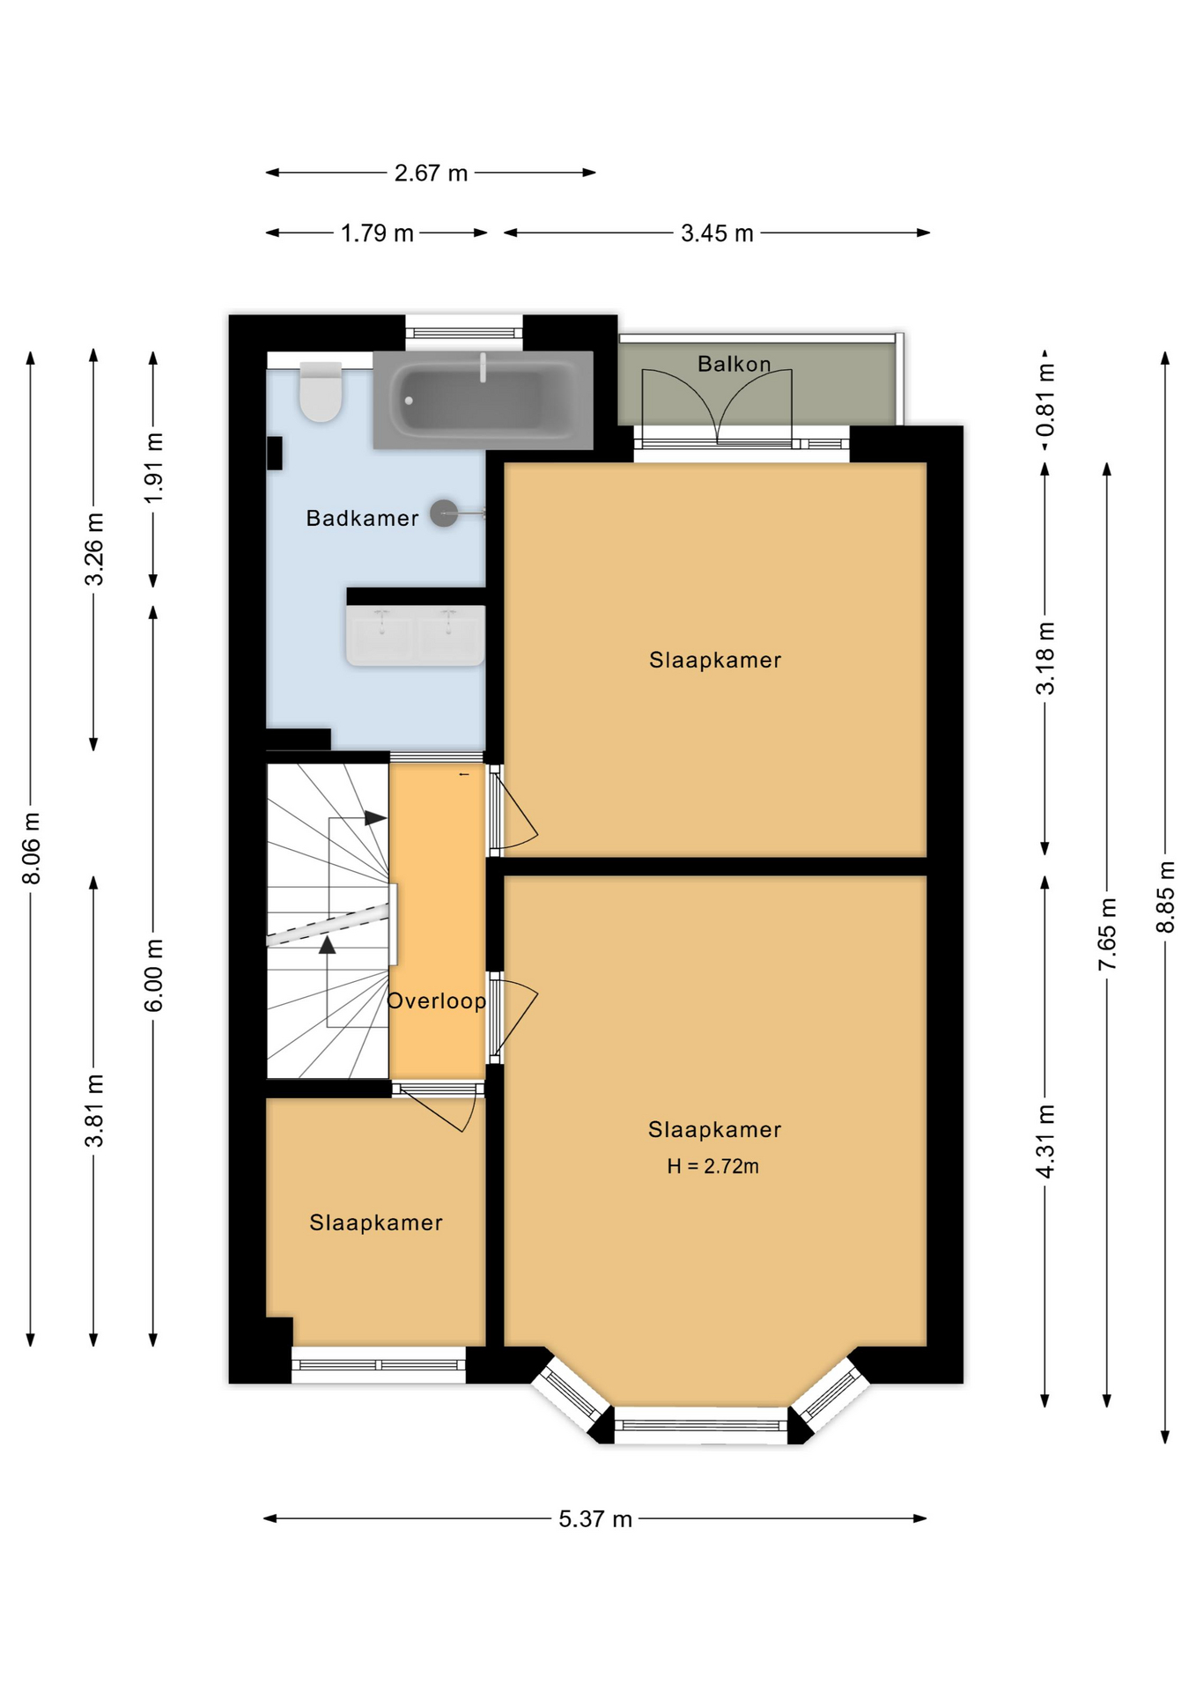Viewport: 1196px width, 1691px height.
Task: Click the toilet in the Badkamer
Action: pyautogui.click(x=321, y=393)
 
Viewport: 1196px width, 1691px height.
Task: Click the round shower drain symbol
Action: pyautogui.click(x=444, y=513)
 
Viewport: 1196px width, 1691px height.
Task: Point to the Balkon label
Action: pyautogui.click(x=734, y=364)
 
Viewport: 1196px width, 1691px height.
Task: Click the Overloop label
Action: pyautogui.click(x=436, y=1001)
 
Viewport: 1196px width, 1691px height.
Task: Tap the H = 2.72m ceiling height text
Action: pyautogui.click(x=712, y=1166)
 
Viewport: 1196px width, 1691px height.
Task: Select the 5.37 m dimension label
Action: pyautogui.click(x=595, y=1518)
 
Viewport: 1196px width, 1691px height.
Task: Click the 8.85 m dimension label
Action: pyautogui.click(x=1164, y=897)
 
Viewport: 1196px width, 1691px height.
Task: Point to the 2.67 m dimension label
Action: pyautogui.click(x=431, y=173)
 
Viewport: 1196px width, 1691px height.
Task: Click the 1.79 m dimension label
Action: pyautogui.click(x=377, y=233)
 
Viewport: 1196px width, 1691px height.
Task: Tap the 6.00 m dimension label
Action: pyautogui.click(x=153, y=975)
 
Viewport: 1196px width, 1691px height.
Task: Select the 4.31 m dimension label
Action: pyautogui.click(x=1045, y=1141)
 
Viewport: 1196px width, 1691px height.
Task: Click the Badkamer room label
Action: pyautogui.click(x=362, y=518)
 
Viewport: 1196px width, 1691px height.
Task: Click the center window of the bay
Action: pyautogui.click(x=700, y=1425)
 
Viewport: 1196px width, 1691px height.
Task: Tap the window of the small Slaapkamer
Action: pyautogui.click(x=378, y=1365)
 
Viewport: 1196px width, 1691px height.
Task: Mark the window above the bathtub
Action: pyautogui.click(x=464, y=332)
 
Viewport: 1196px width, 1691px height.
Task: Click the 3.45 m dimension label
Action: pyautogui.click(x=717, y=233)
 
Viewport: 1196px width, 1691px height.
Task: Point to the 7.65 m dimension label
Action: pyautogui.click(x=1107, y=934)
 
